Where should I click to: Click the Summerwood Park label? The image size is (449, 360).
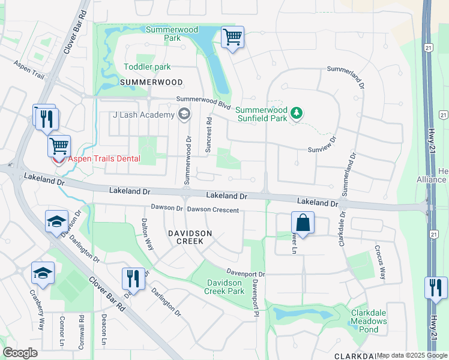click(164, 34)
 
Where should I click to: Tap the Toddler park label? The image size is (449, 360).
click(147, 67)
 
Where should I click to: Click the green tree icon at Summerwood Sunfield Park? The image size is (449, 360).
click(296, 113)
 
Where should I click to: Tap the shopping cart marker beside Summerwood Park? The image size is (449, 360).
click(232, 37)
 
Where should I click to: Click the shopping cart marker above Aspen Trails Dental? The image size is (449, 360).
click(59, 146)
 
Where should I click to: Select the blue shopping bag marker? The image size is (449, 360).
click(303, 223)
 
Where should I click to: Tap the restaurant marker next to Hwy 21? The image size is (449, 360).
click(436, 287)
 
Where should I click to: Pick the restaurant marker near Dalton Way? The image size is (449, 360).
click(133, 278)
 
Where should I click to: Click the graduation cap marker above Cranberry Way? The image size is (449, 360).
click(43, 273)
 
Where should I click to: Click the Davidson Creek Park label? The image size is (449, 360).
click(225, 287)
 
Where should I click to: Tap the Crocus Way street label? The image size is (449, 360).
click(379, 262)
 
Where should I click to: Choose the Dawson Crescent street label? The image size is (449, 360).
click(212, 210)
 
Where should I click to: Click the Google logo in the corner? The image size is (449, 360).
click(20, 353)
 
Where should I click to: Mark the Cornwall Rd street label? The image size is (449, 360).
click(82, 328)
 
